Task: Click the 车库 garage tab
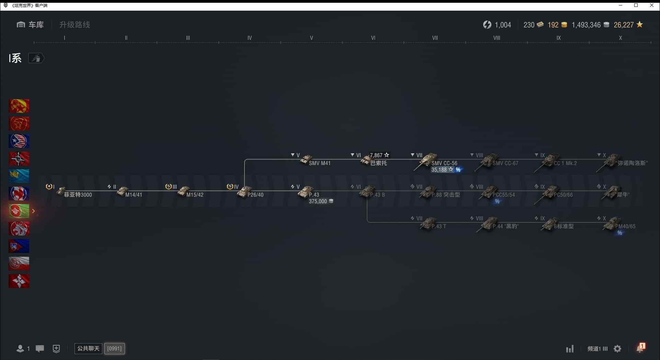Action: pos(31,25)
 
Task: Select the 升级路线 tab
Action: pos(75,25)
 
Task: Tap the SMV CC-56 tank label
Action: pos(444,163)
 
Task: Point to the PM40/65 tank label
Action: pos(625,227)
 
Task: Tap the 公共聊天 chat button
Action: pos(88,349)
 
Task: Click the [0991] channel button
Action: pos(114,349)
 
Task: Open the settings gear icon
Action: pos(617,349)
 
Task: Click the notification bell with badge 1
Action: pos(640,349)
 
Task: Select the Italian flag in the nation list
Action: pos(19,211)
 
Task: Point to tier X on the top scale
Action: pos(620,38)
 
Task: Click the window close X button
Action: pos(652,5)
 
